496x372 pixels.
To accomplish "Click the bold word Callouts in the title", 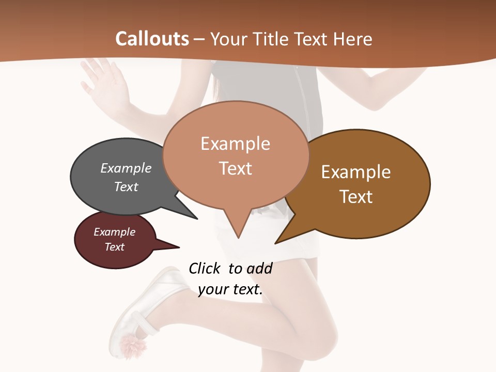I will pos(152,39).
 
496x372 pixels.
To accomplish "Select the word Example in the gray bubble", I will pos(126,168).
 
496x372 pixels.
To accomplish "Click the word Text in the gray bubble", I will pos(126,187).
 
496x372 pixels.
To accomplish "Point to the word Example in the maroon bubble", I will pos(114,232).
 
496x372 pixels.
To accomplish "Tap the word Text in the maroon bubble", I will pos(114,247).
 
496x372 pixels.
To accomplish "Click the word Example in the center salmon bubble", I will pos(235,144).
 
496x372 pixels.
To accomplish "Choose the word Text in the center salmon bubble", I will pos(235,168).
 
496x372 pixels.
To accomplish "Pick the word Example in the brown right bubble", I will pos(356,172).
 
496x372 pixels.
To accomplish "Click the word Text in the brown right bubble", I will pos(356,197).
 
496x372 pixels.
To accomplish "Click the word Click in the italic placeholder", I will pos(204,268).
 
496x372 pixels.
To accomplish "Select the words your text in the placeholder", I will pos(230,289).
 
